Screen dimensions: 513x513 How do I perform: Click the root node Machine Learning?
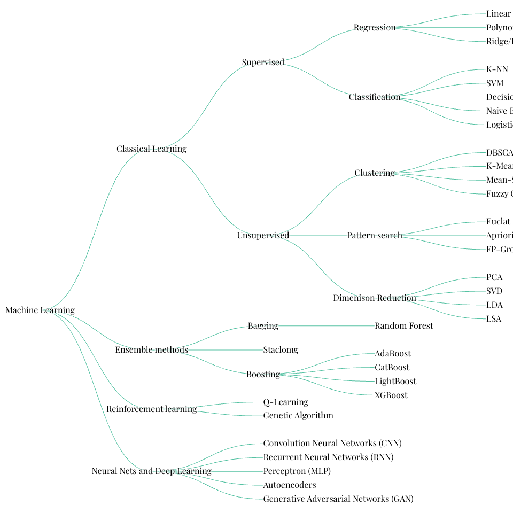click(40, 310)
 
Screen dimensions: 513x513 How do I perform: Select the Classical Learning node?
click(151, 149)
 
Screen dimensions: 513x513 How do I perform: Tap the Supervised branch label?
click(263, 63)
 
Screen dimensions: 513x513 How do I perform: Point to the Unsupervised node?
click(263, 236)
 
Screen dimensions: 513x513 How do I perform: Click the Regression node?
click(374, 28)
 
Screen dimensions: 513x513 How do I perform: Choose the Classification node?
click(374, 97)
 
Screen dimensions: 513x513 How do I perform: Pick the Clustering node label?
click(374, 173)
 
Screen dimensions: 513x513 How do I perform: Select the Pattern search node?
click(374, 236)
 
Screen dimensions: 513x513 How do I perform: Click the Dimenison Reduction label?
click(374, 298)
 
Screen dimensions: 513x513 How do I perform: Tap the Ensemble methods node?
click(151, 350)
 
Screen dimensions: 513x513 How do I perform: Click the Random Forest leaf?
click(403, 326)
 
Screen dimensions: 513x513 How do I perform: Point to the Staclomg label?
click(281, 350)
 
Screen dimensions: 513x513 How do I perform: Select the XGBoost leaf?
click(391, 395)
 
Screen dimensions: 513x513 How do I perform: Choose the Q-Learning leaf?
click(285, 402)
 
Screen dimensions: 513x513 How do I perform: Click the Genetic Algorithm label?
click(298, 416)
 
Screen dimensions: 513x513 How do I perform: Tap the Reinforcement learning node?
click(151, 409)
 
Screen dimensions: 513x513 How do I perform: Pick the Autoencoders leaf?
click(289, 485)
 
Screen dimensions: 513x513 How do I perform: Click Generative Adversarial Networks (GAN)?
click(338, 499)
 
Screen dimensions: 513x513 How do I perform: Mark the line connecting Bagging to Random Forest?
click(326, 325)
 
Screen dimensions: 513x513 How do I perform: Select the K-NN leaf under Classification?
click(497, 69)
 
